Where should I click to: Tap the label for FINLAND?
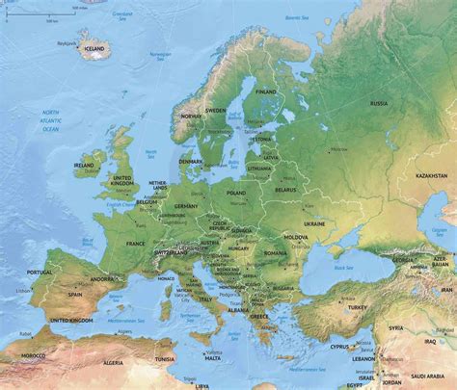265,91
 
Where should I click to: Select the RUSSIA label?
378,103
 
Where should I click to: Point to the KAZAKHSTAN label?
431,176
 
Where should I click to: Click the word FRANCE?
135,245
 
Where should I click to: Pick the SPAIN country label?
74,295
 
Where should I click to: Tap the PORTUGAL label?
40,273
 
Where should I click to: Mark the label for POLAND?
236,193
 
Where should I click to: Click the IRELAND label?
85,166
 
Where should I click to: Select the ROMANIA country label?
278,252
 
